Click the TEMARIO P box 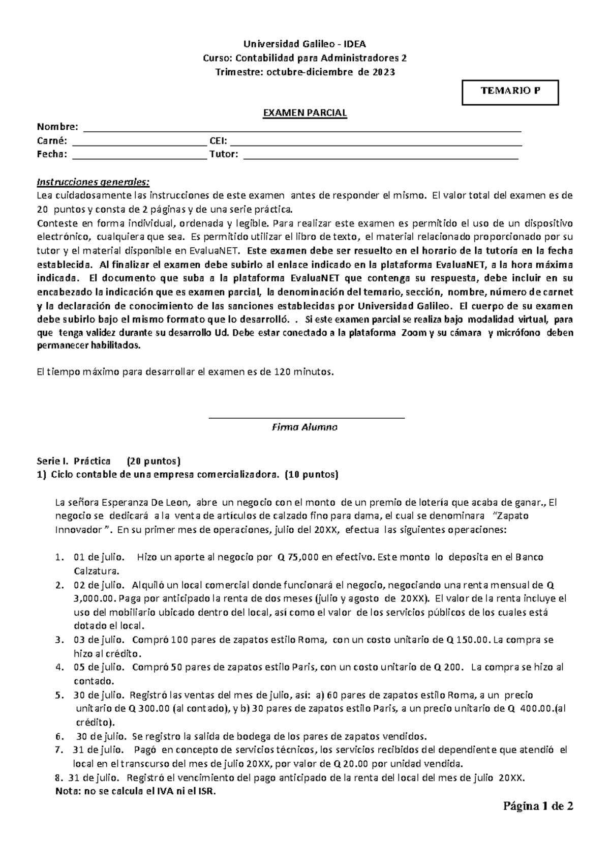[x=510, y=92]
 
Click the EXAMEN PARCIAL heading [x=304, y=113]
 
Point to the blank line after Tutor [x=381, y=156]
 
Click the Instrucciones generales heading [x=94, y=182]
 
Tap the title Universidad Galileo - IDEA [x=304, y=44]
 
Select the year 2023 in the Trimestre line [x=384, y=72]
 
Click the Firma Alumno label [x=305, y=427]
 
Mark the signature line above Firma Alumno [x=307, y=418]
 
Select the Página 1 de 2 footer [x=538, y=806]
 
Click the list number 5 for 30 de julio [x=59, y=695]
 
